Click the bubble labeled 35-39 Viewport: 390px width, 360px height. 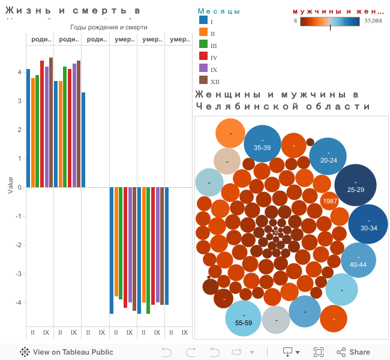pos(262,144)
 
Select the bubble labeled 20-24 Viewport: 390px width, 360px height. pos(328,156)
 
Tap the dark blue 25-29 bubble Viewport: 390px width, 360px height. pos(355,185)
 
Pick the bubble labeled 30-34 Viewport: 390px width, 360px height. pos(368,224)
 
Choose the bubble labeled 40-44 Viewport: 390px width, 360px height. pos(358,260)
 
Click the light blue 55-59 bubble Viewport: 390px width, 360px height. pos(244,318)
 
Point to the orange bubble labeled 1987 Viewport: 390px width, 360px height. pos(330,202)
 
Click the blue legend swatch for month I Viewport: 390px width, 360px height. pos(203,21)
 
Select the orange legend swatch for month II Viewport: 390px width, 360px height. pos(203,33)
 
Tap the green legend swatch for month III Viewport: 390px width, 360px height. pos(203,45)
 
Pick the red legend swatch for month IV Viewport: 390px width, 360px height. pos(203,57)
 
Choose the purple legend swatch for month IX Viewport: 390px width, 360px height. pos(203,69)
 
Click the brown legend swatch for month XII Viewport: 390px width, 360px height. pos(203,81)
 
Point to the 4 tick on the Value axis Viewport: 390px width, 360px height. pos(20,72)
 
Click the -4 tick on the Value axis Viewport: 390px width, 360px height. pos(19,302)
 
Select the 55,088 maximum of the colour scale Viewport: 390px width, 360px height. pos(373,21)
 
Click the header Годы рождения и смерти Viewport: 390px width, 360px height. pos(109,27)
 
